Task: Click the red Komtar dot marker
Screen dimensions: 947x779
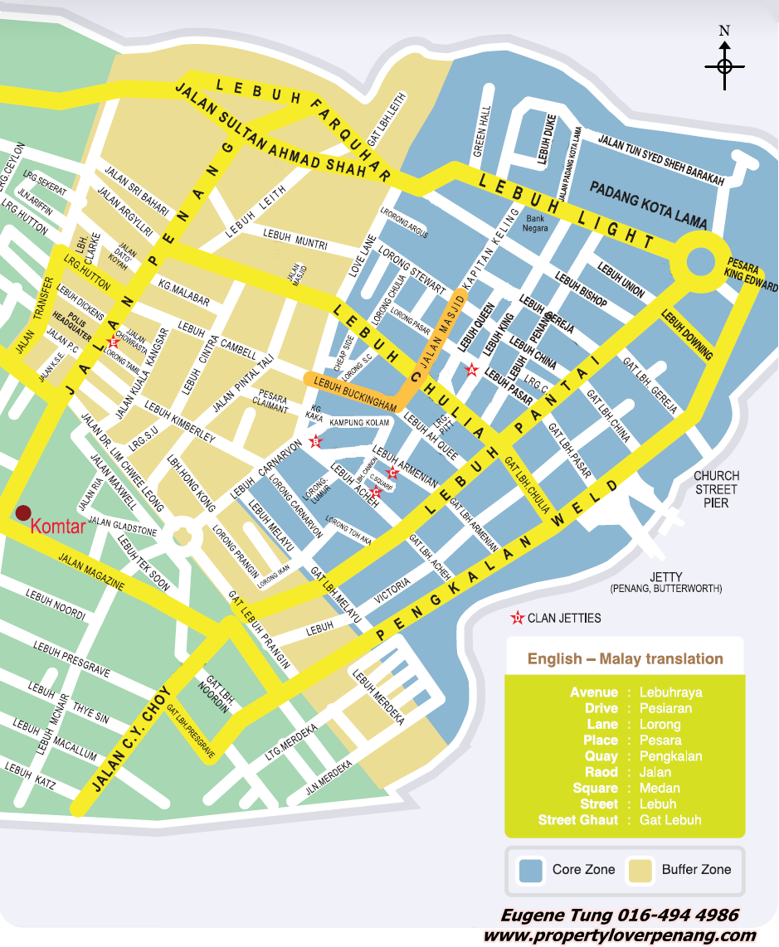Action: [x=24, y=512]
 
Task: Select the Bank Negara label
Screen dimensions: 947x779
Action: [x=535, y=223]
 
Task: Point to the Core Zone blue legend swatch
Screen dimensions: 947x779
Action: [x=530, y=870]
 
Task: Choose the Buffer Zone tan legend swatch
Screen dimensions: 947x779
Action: [x=639, y=870]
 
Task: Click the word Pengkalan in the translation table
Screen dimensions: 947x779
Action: [x=670, y=756]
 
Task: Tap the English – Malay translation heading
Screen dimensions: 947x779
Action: [x=625, y=659]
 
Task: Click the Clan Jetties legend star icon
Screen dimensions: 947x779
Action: [x=517, y=618]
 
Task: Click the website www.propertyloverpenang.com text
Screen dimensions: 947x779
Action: [x=620, y=935]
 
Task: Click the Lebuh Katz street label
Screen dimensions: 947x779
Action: [x=31, y=775]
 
